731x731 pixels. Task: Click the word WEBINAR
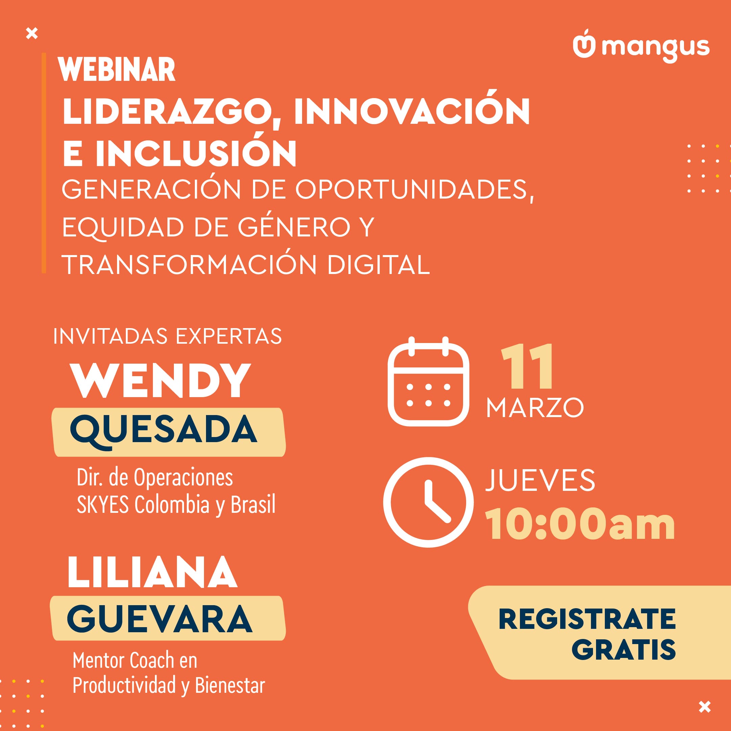pos(117,70)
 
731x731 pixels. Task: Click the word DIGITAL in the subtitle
pos(379,265)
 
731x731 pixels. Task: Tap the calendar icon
pos(428,381)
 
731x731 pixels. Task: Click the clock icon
pos(428,502)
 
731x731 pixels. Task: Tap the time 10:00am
pos(580,524)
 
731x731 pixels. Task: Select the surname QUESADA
pos(164,430)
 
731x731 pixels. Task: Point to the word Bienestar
pos(230,685)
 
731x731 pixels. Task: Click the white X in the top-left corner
pos(32,34)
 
